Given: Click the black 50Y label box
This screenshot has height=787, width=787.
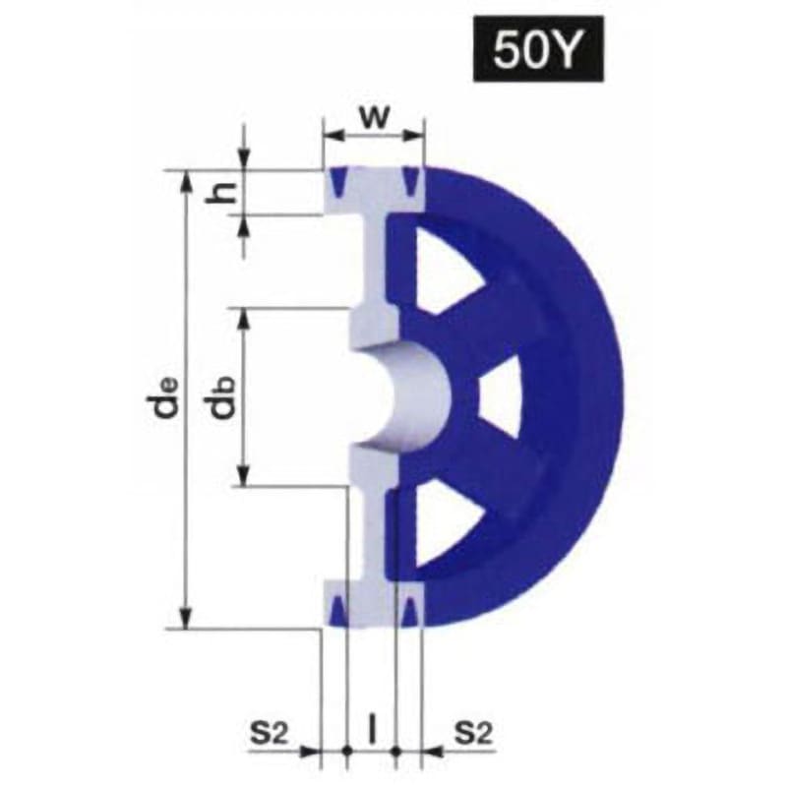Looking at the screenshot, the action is [x=538, y=48].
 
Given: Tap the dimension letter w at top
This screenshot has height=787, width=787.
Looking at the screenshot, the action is [x=375, y=116].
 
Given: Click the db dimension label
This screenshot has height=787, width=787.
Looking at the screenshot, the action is [x=220, y=397].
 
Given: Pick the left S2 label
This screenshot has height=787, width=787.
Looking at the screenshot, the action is [x=269, y=733].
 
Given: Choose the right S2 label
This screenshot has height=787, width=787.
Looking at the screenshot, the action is [x=473, y=733].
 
